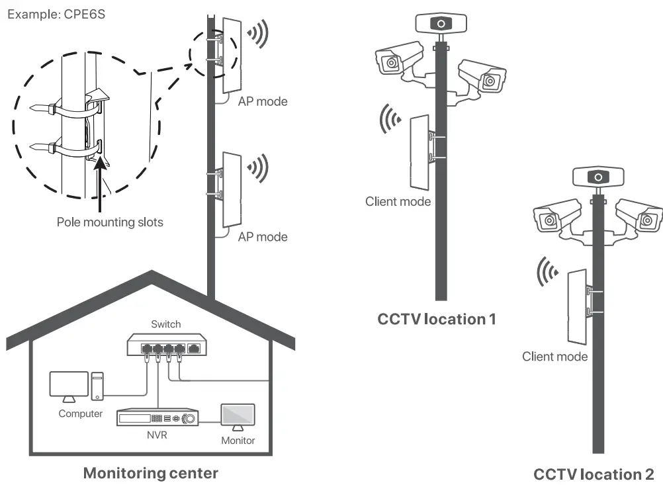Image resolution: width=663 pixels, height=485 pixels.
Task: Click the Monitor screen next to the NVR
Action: (x=237, y=417)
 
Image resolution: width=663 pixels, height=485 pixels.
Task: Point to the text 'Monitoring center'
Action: (x=150, y=473)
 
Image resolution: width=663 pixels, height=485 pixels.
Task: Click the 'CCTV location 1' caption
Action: (x=436, y=319)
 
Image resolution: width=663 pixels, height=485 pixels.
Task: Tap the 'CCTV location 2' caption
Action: (x=594, y=474)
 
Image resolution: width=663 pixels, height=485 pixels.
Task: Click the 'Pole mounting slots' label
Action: (x=109, y=222)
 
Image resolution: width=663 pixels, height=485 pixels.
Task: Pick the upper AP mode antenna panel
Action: (x=232, y=54)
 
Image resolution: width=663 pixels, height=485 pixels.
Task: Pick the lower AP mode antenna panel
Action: (x=232, y=189)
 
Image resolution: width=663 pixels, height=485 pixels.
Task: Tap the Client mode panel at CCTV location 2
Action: (x=576, y=306)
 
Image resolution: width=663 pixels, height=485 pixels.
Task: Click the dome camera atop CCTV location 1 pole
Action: (x=439, y=24)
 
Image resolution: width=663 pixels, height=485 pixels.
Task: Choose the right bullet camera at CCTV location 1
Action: (x=483, y=76)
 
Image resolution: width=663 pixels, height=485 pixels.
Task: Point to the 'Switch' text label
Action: (x=165, y=324)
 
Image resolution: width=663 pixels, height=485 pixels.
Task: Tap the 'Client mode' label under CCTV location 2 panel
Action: (x=554, y=357)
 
